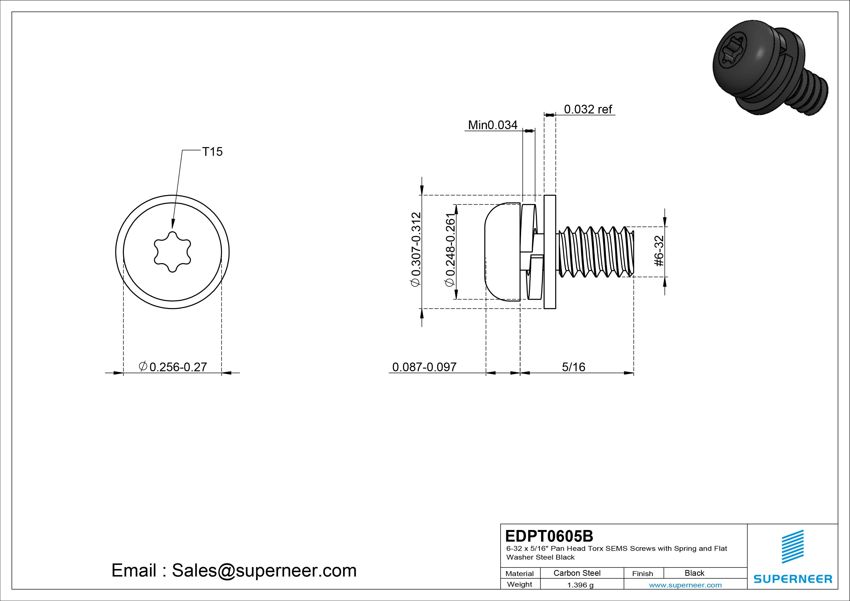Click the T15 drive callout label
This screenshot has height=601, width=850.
[212, 152]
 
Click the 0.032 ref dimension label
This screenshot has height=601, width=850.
[588, 109]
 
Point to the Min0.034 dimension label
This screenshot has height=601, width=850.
[492, 125]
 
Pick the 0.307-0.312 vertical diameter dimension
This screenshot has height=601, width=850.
[416, 249]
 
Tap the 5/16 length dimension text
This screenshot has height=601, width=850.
[574, 367]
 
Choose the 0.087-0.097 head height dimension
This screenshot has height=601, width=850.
[424, 367]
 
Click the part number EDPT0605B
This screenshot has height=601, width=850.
[549, 536]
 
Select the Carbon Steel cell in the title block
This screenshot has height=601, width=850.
[577, 573]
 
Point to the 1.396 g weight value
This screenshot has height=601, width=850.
[580, 585]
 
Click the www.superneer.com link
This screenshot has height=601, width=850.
[685, 585]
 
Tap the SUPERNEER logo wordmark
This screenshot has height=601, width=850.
[793, 579]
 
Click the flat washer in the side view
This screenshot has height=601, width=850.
[550, 252]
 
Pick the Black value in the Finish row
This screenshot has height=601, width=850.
[694, 573]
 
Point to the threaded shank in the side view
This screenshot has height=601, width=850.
[596, 252]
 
